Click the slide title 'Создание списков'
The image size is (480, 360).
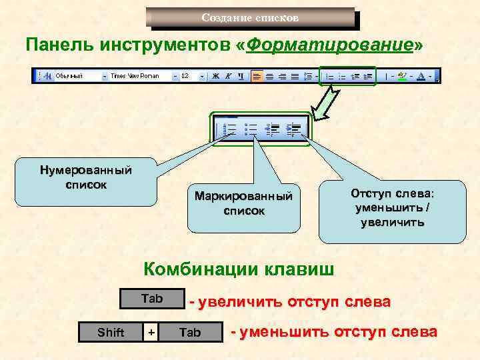(x=250, y=17)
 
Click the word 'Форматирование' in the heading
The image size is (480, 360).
(x=329, y=45)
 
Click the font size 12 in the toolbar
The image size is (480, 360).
(x=186, y=76)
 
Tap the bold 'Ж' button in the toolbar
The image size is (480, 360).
(x=216, y=76)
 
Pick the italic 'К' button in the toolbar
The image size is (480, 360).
(x=227, y=76)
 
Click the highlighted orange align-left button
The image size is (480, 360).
(x=257, y=76)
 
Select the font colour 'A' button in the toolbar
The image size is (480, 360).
(x=421, y=76)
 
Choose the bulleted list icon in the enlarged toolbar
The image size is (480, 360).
(x=251, y=128)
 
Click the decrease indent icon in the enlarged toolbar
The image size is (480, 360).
(x=272, y=128)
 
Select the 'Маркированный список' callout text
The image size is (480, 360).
(x=243, y=203)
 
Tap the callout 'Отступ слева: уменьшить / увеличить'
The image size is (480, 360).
(x=391, y=207)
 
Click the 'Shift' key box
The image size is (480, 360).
(x=111, y=332)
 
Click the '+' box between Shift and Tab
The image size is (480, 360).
(x=151, y=332)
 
